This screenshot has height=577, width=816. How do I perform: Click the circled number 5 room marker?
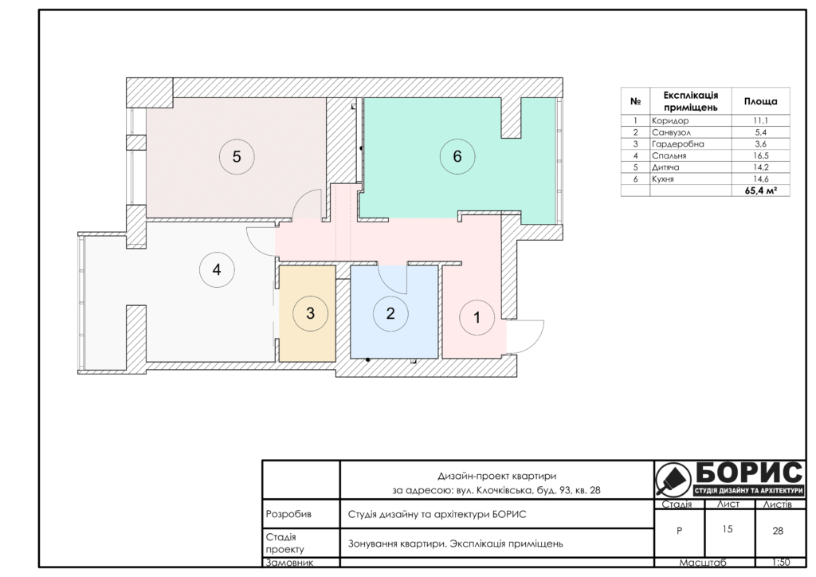[236, 157]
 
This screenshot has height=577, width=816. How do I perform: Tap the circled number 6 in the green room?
[457, 156]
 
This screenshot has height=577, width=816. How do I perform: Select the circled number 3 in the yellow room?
[310, 313]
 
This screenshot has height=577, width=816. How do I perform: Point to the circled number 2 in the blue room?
[390, 313]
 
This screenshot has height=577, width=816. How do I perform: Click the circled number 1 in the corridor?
[477, 317]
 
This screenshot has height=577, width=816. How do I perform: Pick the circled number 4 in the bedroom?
[217, 269]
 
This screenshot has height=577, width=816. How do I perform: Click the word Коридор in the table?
[669, 120]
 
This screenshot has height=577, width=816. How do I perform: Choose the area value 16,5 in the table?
[760, 155]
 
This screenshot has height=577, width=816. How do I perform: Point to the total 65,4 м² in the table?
[760, 190]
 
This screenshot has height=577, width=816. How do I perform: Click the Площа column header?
[760, 101]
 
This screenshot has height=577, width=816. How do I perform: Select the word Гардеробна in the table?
[677, 144]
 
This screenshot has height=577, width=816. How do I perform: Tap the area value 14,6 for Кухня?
[760, 179]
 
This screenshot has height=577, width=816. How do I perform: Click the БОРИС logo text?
[749, 473]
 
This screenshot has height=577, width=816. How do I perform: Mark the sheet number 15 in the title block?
[728, 529]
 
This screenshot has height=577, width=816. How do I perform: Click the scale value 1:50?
[781, 563]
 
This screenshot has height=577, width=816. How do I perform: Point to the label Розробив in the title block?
[288, 514]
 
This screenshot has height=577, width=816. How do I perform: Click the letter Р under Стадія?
[679, 532]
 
